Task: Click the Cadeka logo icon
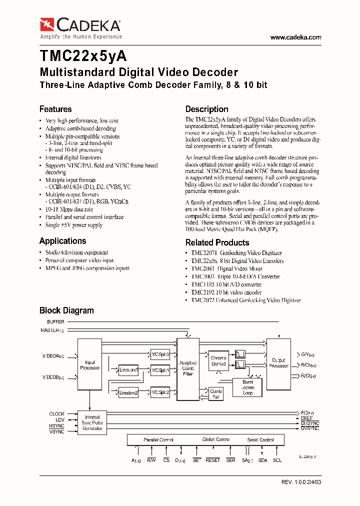(x=47, y=23)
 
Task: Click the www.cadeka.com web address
(x=295, y=37)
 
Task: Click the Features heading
(x=55, y=109)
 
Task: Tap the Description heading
(x=206, y=109)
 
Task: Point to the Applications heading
(x=62, y=240)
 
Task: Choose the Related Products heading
(x=217, y=242)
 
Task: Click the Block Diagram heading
(x=66, y=310)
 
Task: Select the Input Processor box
(x=90, y=365)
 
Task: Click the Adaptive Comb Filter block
(x=188, y=368)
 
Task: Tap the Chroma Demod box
(x=218, y=360)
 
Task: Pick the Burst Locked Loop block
(x=247, y=387)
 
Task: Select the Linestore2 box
(x=128, y=393)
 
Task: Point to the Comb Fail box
(x=216, y=394)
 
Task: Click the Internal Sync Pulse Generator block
(x=92, y=422)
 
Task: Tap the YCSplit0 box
(x=160, y=354)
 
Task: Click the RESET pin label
(x=212, y=460)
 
